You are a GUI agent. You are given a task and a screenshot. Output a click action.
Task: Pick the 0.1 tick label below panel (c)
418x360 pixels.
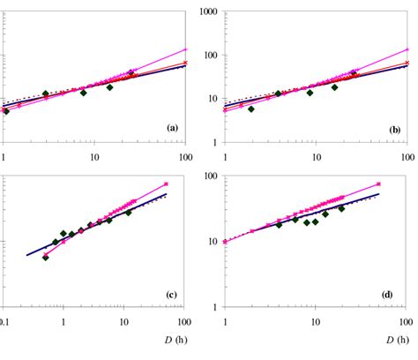6,321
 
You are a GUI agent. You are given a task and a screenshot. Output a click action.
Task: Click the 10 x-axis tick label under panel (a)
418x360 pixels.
95,156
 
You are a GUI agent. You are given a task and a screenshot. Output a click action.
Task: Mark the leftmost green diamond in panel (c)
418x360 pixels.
45,258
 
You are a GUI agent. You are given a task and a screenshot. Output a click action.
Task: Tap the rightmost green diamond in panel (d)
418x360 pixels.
341,208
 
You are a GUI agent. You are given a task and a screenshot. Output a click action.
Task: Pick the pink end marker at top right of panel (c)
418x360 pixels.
166,184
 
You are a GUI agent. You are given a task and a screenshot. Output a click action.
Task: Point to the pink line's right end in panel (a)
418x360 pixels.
184,50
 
